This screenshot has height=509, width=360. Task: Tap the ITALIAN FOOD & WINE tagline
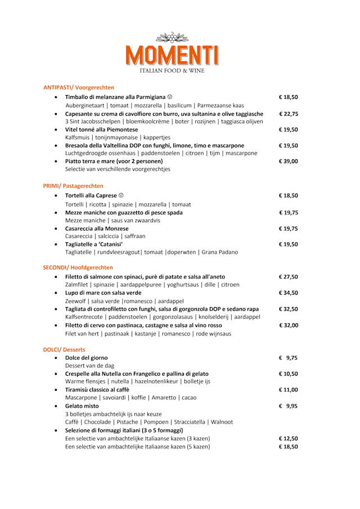172,70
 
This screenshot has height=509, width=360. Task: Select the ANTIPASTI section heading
79,87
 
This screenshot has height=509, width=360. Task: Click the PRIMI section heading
73,186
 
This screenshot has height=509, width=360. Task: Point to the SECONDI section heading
78,267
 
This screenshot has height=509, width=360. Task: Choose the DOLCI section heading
64,349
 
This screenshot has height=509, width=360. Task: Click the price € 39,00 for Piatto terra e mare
288,161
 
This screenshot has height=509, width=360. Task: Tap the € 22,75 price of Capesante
288,114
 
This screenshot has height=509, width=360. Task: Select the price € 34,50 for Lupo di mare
288,293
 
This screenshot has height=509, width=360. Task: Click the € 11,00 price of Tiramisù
288,389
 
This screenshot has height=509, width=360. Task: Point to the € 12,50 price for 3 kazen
288,439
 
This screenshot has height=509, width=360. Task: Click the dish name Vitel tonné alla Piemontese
102,129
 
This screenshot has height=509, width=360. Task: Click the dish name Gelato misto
82,406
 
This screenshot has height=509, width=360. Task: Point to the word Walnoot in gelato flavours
221,422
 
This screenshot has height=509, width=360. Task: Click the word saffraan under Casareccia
132,236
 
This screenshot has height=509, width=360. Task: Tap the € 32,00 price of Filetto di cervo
288,325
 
